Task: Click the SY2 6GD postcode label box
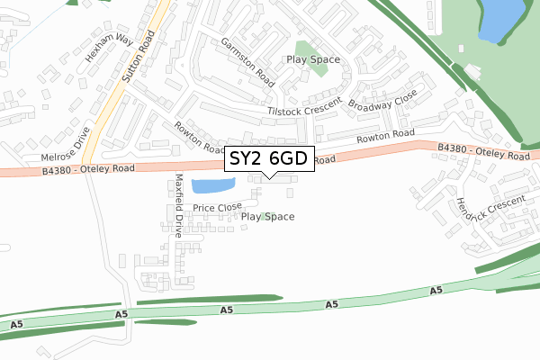point(269,158)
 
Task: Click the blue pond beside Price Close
point(212,186)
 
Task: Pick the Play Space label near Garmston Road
point(314,59)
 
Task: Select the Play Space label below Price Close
point(268,217)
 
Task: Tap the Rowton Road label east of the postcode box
point(384,136)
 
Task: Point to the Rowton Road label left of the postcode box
point(199,137)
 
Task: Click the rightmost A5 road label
point(436,291)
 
